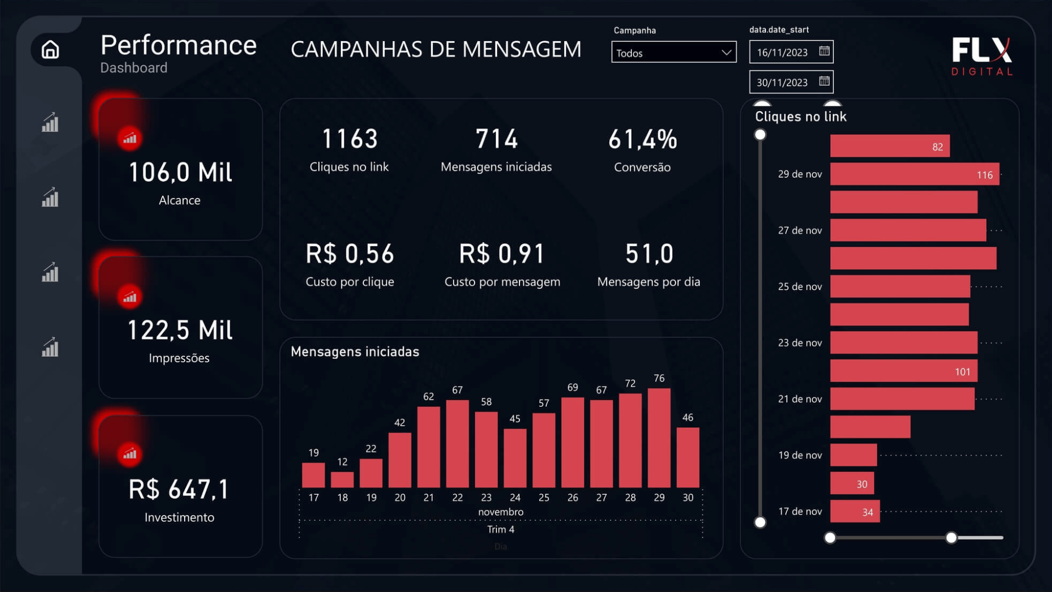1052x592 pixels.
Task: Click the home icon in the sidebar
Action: tap(50, 49)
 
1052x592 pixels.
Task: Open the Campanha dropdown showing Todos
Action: tap(673, 53)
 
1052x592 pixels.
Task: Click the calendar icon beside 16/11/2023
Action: tap(824, 52)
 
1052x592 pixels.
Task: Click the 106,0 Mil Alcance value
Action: tap(180, 173)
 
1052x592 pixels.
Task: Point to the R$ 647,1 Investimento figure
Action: tap(179, 489)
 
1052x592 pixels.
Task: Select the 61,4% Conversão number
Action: tap(643, 140)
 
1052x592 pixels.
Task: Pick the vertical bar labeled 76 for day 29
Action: tap(659, 439)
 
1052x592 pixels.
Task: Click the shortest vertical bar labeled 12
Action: tap(342, 480)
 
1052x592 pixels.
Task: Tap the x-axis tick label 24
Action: tap(515, 498)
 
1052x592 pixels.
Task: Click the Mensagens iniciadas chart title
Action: tap(355, 352)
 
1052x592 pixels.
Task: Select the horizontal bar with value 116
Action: tap(914, 174)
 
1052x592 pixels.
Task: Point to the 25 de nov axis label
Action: tap(800, 287)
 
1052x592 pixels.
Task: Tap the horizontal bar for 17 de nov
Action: tap(855, 511)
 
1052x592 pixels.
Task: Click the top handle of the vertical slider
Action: tap(760, 135)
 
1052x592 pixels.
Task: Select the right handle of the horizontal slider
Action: tap(951, 538)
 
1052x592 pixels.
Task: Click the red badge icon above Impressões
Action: tap(129, 297)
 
